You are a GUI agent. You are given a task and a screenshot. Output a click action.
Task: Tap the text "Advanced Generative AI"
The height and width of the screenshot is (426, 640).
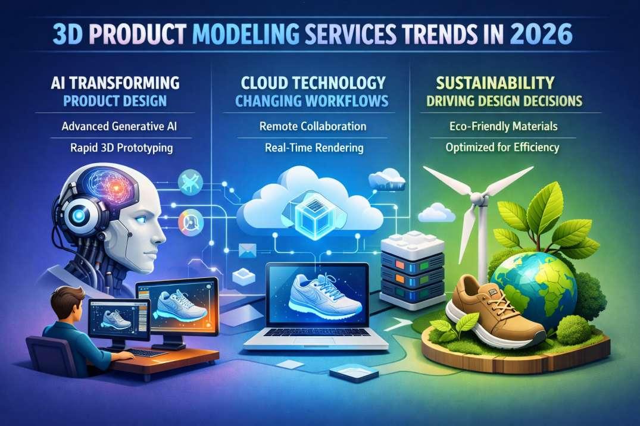[117, 127]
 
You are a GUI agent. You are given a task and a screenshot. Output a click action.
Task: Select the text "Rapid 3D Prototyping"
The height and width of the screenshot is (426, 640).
[117, 148]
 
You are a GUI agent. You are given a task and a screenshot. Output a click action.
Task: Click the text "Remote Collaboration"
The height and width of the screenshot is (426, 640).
[313, 127]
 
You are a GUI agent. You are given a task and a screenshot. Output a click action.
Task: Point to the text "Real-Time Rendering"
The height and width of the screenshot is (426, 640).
[313, 148]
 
